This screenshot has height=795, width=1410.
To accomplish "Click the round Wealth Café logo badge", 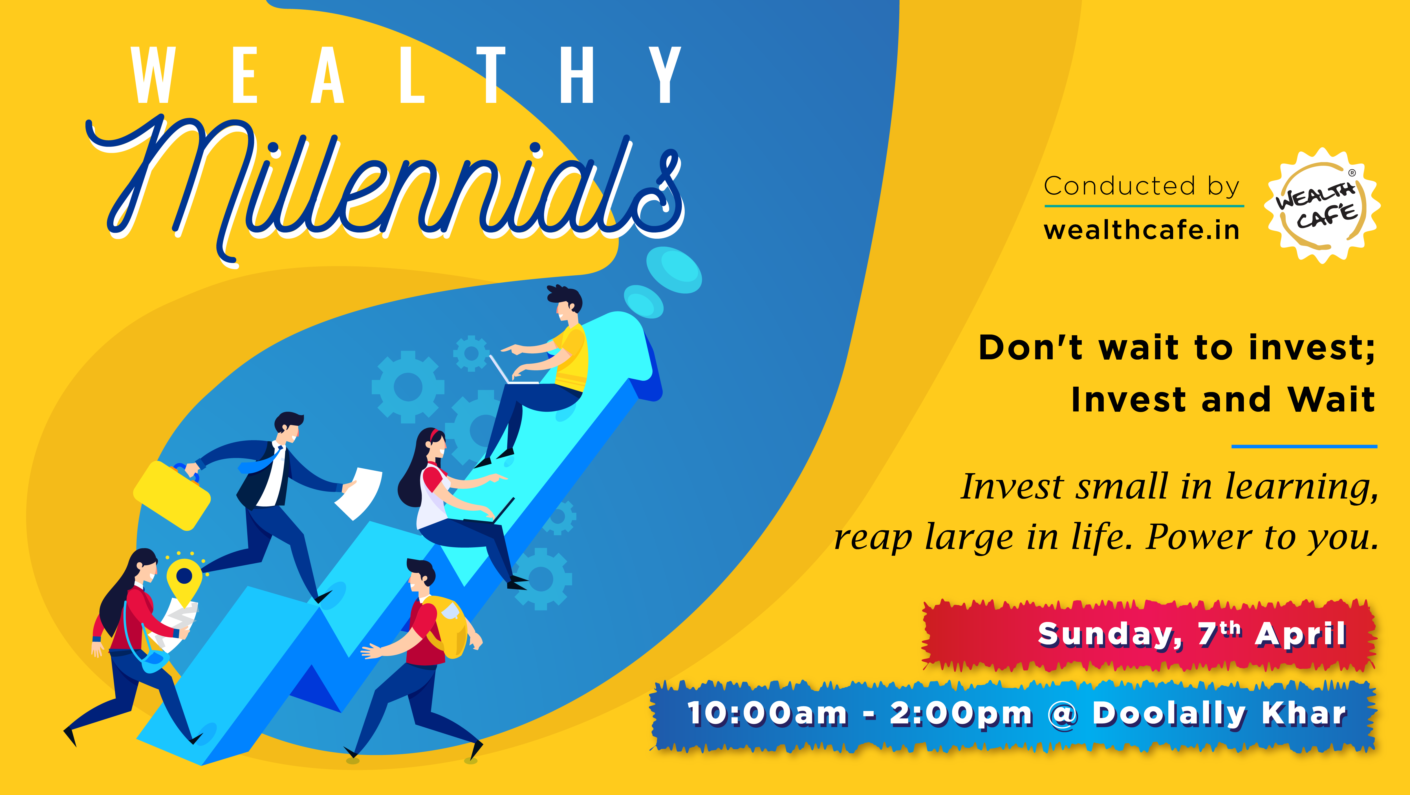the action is pyautogui.click(x=1322, y=206).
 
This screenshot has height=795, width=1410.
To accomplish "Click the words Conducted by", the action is pyautogui.click(x=1142, y=186).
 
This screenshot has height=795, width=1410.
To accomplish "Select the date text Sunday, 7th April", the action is pyautogui.click(x=1192, y=634).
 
